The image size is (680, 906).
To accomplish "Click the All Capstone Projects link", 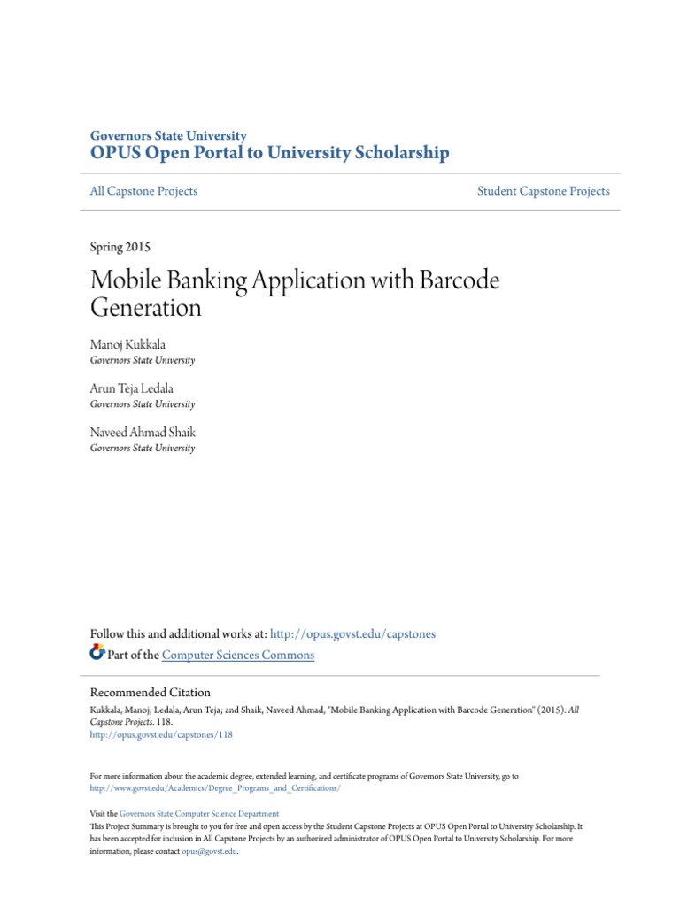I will [x=143, y=191].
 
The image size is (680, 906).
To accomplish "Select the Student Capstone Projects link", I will [x=543, y=191].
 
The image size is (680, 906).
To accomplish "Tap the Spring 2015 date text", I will [x=126, y=247].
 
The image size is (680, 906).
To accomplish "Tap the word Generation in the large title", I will [x=146, y=308].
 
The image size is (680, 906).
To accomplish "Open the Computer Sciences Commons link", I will [x=238, y=656].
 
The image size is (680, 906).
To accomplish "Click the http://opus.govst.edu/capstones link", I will [x=352, y=634].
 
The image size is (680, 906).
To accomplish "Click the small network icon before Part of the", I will [x=97, y=654].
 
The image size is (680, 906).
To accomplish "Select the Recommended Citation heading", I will [x=151, y=693].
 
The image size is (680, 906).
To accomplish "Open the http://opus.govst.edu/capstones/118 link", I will [x=161, y=734].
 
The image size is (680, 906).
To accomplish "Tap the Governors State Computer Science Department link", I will [x=199, y=813].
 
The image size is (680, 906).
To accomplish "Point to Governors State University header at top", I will [x=168, y=136].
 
